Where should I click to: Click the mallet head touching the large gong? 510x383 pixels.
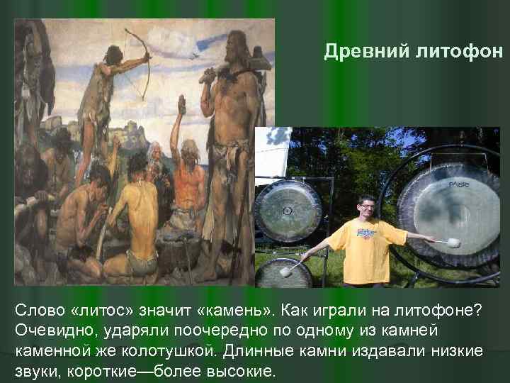(x=453, y=243)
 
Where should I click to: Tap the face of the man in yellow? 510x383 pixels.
(x=367, y=210)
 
